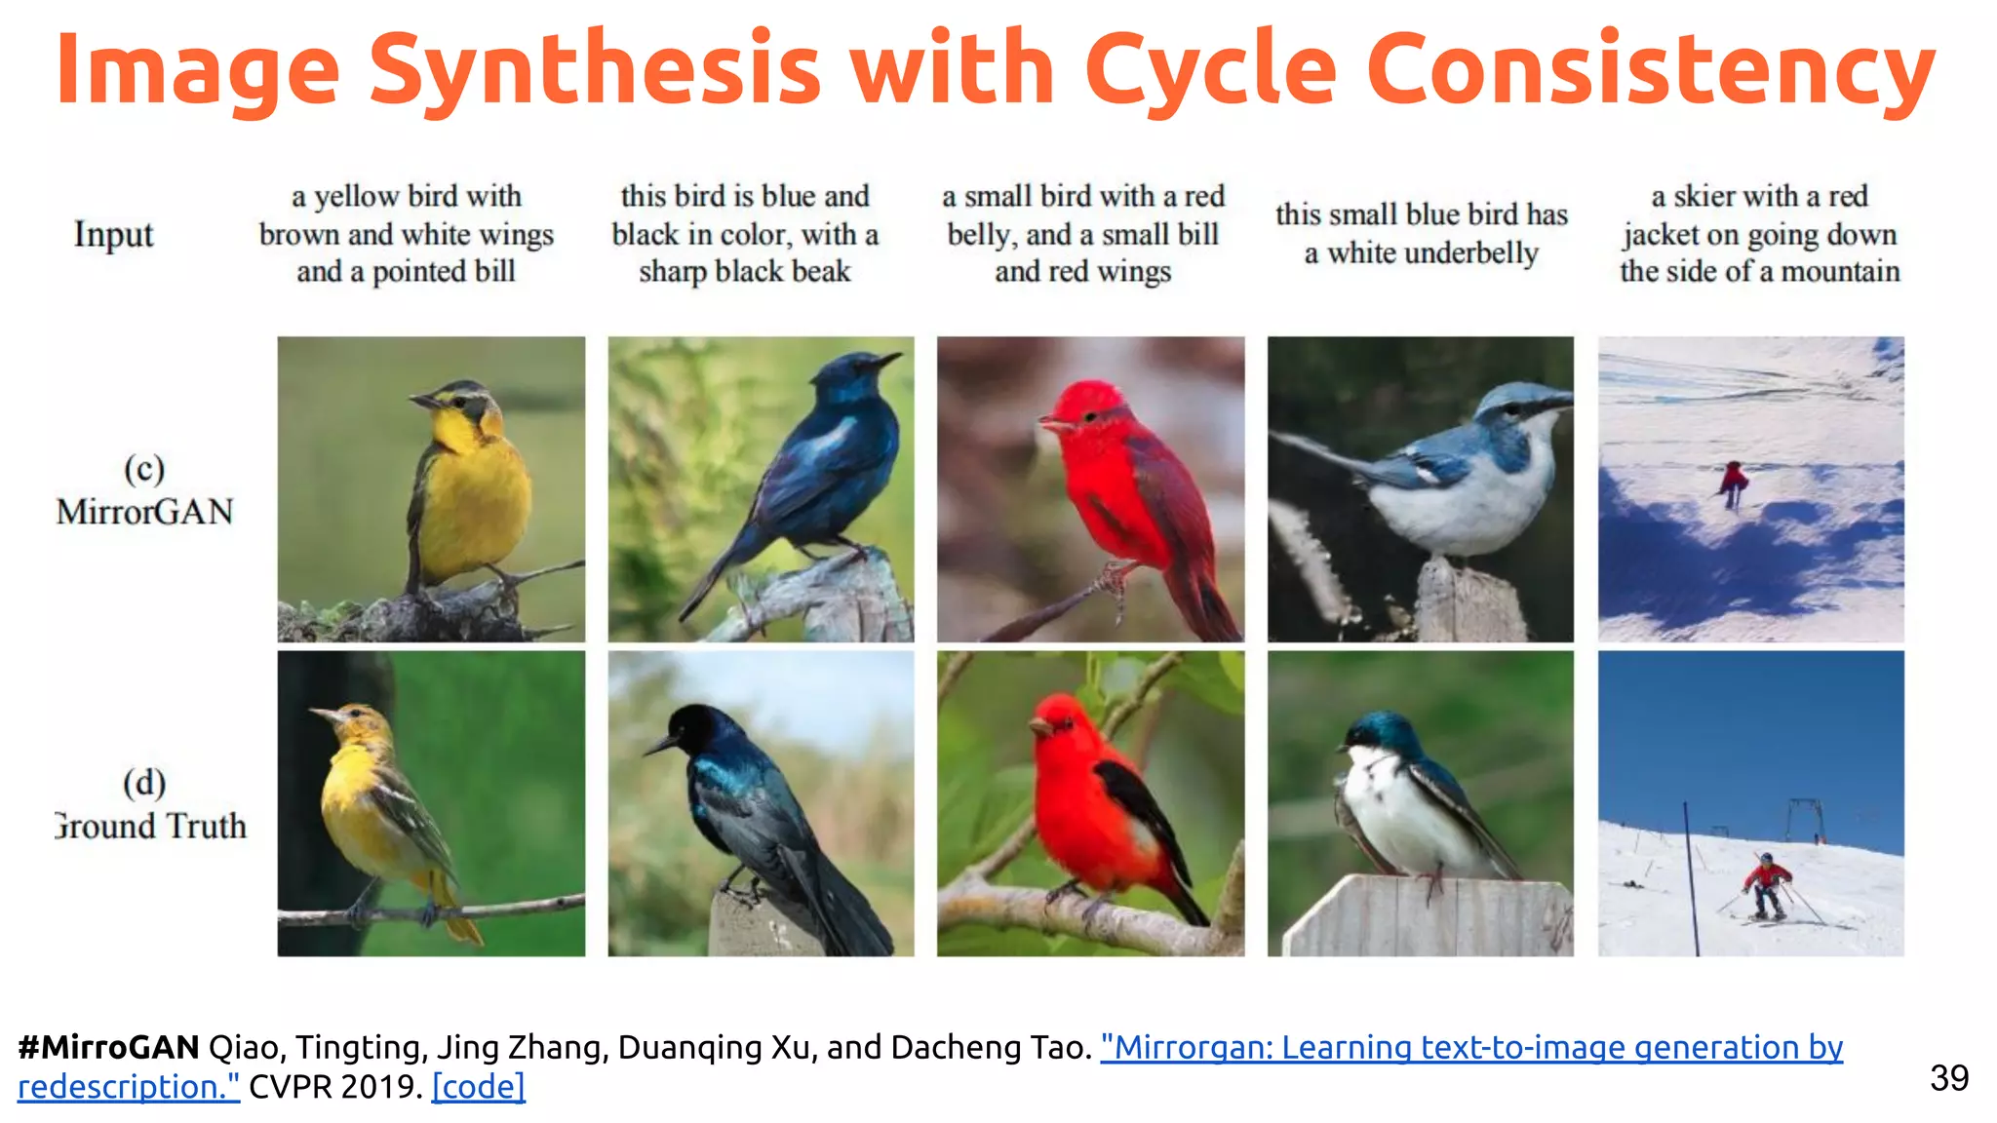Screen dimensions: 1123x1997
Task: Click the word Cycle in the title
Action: coord(1209,70)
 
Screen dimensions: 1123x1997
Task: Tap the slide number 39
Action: coord(1949,1078)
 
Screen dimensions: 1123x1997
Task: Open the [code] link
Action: coord(478,1087)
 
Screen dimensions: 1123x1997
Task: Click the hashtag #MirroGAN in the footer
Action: coord(108,1047)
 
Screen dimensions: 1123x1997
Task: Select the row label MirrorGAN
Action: coord(144,511)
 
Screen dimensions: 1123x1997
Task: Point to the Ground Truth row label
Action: coord(150,826)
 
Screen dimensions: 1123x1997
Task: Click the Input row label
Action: coord(113,235)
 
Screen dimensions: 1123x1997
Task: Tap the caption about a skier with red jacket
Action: coord(1759,234)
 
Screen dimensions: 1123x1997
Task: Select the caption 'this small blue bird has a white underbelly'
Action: coord(1421,234)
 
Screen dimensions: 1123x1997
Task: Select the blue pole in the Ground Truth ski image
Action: coord(1690,877)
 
